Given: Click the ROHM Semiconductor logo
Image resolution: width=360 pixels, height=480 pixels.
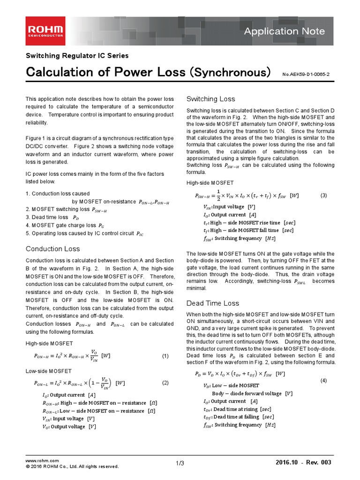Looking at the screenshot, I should [x=45, y=31].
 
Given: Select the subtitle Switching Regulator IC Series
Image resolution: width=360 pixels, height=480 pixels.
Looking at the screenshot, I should [x=77, y=56].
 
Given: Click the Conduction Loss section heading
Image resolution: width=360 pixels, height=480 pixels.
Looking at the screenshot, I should [x=52, y=249].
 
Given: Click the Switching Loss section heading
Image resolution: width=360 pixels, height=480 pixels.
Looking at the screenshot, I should [x=210, y=99].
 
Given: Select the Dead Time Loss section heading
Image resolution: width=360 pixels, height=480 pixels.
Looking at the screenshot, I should [x=212, y=303].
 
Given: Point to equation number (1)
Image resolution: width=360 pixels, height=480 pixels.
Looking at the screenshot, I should [x=165, y=356].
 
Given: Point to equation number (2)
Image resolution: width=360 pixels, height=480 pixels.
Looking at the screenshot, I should [x=165, y=383].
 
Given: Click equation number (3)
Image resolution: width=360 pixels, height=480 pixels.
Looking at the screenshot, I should [x=323, y=195].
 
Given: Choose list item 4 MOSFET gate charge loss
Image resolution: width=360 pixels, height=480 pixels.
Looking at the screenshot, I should [x=65, y=225].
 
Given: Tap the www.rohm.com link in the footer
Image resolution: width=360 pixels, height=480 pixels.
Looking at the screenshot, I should [x=42, y=461].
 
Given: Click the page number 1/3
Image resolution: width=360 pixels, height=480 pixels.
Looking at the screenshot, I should [x=180, y=464].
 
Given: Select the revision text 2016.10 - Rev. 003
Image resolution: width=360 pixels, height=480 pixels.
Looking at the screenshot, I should [x=304, y=463].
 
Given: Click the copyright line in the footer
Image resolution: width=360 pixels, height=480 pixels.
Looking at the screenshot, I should [x=72, y=466].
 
